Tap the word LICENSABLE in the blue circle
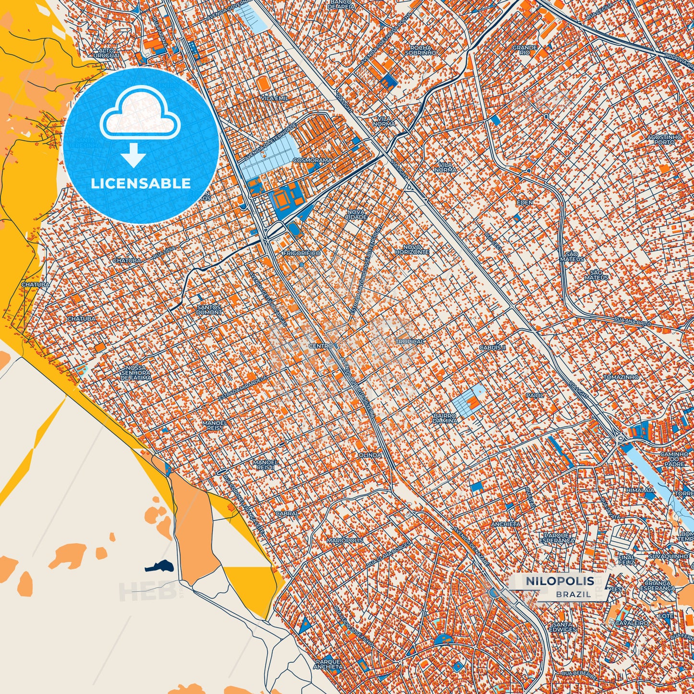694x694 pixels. (x=141, y=183)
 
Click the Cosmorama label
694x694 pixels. (x=312, y=160)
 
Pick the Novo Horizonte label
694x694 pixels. (x=412, y=250)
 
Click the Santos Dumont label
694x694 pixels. (x=209, y=310)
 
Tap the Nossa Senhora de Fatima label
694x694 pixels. (x=136, y=373)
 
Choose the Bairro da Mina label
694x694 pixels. (x=444, y=418)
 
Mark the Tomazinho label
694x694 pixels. (x=621, y=377)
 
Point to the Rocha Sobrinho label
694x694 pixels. (x=420, y=50)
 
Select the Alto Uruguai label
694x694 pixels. (x=106, y=53)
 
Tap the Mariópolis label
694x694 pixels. (x=345, y=541)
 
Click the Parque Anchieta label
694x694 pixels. (x=329, y=664)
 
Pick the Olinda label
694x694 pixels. (x=370, y=455)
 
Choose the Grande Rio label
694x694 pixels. (x=524, y=50)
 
